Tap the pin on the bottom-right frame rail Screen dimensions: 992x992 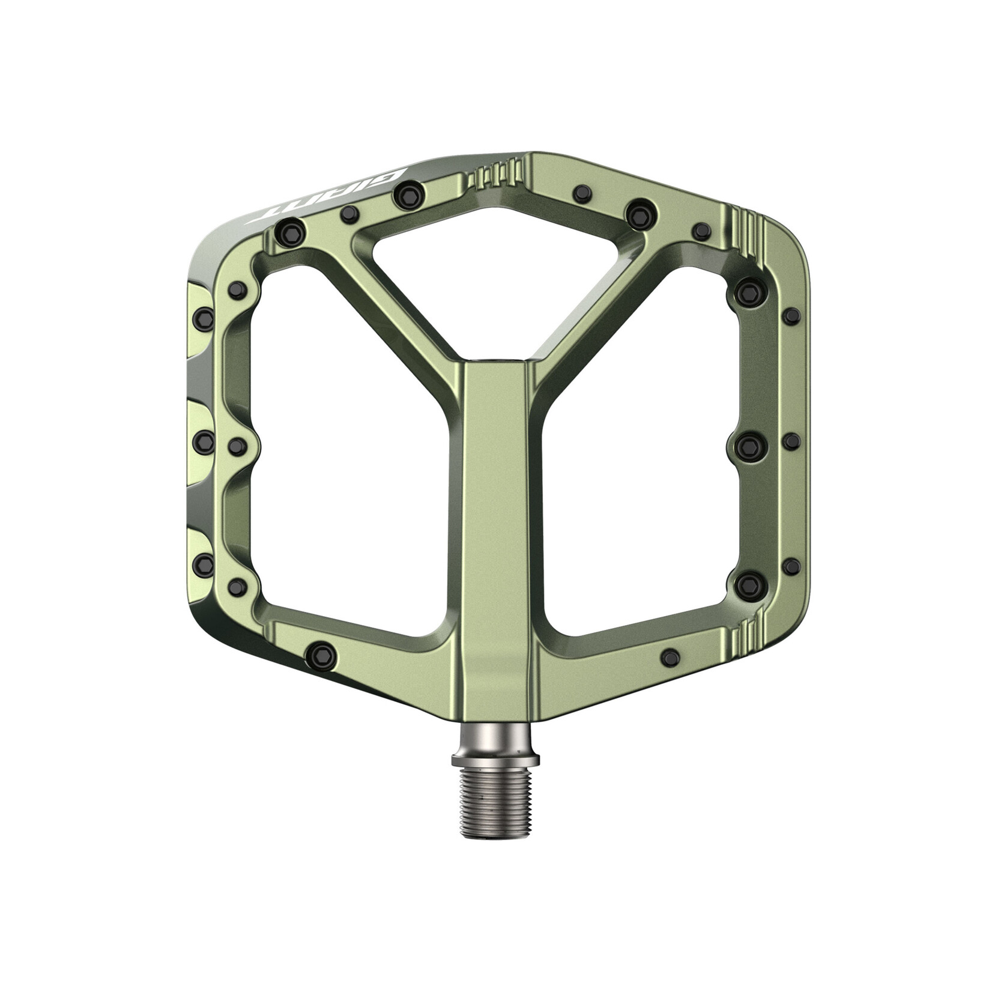tap(671, 657)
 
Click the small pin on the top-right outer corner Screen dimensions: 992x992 tap(701, 231)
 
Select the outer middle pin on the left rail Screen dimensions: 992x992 tap(204, 443)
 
